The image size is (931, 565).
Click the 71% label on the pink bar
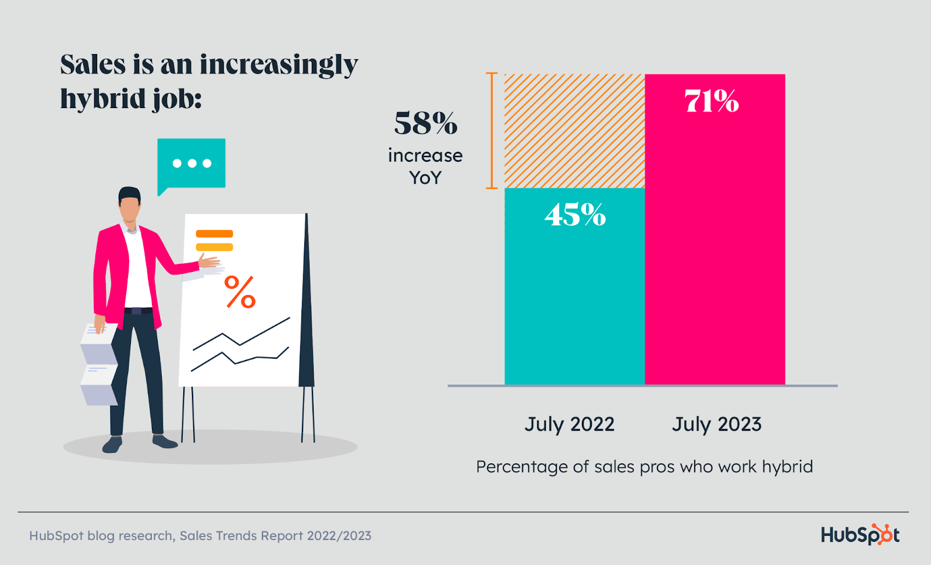[712, 101]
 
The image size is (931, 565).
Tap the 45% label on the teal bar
[575, 214]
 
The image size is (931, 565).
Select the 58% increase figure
[425, 123]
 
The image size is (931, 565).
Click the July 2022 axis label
[569, 424]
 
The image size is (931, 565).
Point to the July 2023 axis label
[716, 424]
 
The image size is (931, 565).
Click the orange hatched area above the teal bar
[574, 131]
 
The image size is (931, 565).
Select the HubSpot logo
[860, 534]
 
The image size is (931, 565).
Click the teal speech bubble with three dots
[191, 164]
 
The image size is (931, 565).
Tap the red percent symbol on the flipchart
[240, 292]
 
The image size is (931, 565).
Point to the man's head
[129, 205]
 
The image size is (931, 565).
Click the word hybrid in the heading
[102, 99]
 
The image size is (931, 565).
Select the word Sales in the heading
[93, 65]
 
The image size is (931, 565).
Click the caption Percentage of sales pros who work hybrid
[644, 467]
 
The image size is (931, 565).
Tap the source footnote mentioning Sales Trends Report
[200, 535]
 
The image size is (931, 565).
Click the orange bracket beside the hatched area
[492, 131]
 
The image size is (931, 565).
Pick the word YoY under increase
[425, 178]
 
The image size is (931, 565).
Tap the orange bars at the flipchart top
[214, 240]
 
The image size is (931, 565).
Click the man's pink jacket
[108, 273]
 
